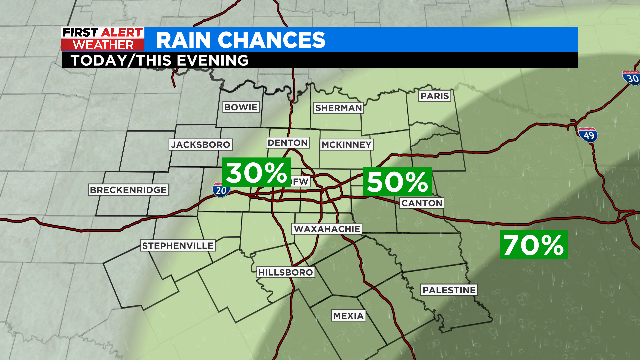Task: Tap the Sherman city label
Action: (x=337, y=107)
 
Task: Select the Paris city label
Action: (x=435, y=96)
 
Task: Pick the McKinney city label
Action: (x=347, y=145)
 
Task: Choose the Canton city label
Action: (x=421, y=203)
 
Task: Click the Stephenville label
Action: (x=178, y=245)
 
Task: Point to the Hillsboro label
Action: (x=286, y=272)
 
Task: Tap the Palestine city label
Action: (x=448, y=289)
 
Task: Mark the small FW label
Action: (x=301, y=182)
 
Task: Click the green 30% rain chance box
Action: (x=256, y=172)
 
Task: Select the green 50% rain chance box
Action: (x=398, y=182)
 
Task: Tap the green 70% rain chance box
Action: (x=534, y=244)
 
